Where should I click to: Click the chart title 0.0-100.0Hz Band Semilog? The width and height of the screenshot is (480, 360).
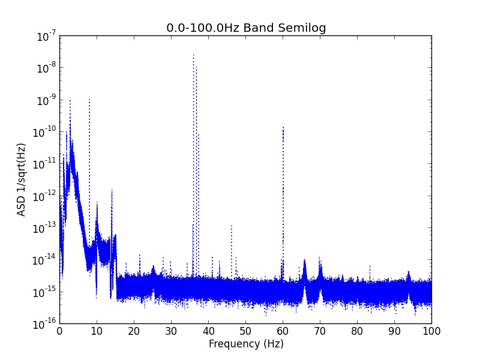(x=246, y=28)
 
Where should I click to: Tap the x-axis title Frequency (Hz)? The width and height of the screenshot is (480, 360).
(x=246, y=344)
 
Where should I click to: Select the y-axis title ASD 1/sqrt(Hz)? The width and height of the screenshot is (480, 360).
(x=21, y=179)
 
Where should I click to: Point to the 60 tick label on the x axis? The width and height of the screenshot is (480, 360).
(x=283, y=331)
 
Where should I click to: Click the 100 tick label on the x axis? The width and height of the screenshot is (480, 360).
(x=431, y=331)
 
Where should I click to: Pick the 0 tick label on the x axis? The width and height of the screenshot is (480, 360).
(x=59, y=331)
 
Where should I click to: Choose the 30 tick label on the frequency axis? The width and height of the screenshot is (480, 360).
(x=171, y=331)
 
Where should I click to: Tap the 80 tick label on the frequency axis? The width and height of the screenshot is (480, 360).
(x=357, y=331)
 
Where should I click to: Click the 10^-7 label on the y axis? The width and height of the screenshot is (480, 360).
(x=46, y=37)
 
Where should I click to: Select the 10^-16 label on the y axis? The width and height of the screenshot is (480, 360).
(x=44, y=324)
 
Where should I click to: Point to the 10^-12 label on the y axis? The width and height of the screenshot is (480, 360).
(x=44, y=197)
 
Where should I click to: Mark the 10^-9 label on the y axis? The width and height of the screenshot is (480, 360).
(x=46, y=101)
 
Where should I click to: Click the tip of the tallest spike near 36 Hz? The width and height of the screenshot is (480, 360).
(x=193, y=55)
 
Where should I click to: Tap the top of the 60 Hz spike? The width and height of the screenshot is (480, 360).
(x=283, y=127)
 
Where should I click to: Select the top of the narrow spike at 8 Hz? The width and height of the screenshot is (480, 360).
(x=89, y=99)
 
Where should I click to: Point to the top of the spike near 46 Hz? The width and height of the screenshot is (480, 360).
(x=232, y=226)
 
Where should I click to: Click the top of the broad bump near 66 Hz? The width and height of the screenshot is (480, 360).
(x=305, y=260)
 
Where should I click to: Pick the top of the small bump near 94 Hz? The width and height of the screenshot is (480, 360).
(x=409, y=272)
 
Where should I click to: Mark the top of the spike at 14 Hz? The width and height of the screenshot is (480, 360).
(x=112, y=190)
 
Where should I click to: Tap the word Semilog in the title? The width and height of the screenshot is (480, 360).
(x=302, y=28)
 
